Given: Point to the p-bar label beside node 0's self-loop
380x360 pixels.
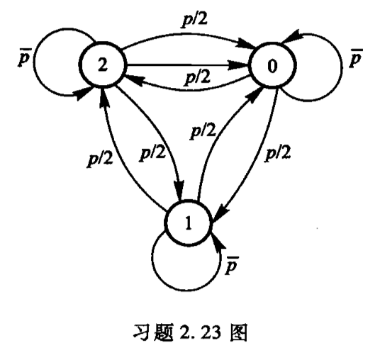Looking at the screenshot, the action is [355, 57].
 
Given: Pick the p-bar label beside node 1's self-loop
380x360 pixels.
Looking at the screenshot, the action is [231, 266].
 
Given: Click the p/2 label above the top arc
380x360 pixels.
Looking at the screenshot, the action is [195, 19].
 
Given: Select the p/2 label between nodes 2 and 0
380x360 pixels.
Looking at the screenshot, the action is [198, 77].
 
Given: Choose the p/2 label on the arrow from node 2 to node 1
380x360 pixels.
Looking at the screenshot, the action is [152, 153].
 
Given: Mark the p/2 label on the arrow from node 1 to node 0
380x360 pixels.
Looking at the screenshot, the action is [203, 131].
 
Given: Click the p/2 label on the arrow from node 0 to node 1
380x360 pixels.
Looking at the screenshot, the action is [278, 153].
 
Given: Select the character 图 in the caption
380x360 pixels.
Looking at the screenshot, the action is [239, 332].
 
